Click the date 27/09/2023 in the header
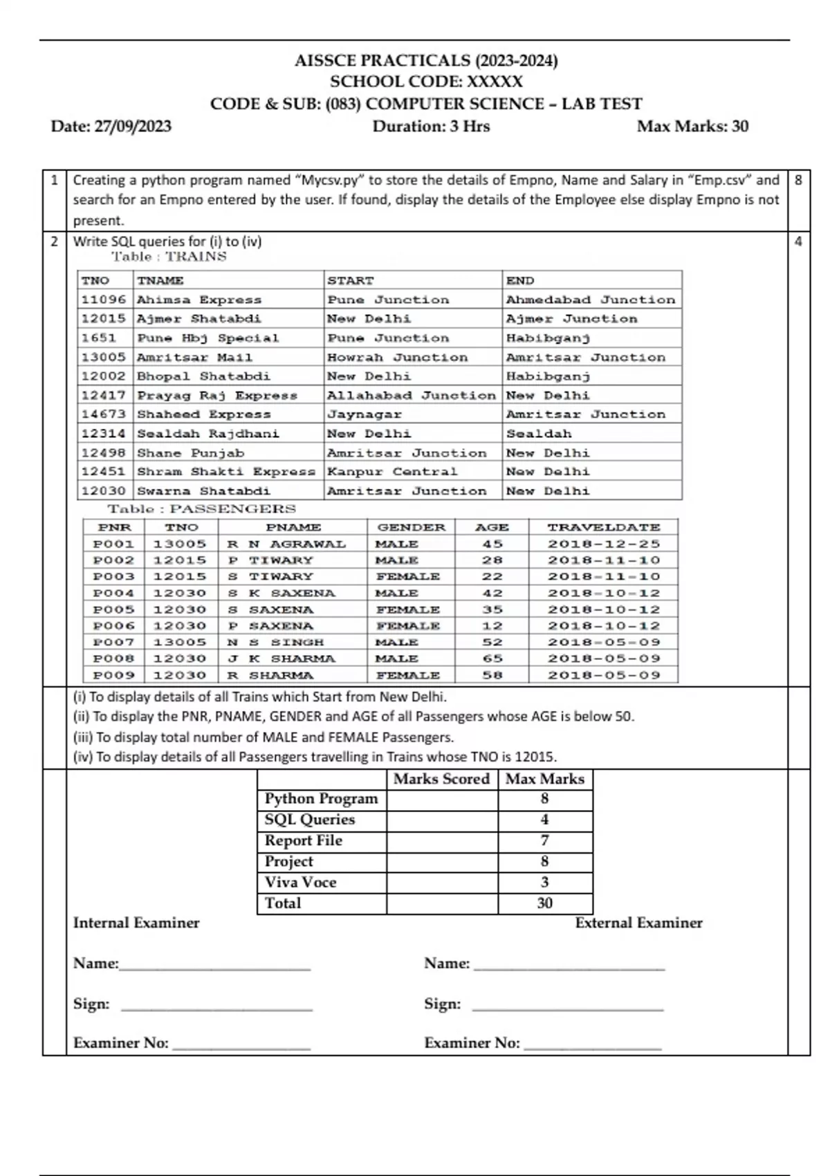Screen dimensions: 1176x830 [x=132, y=127]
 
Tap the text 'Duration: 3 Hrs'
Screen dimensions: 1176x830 [x=431, y=127]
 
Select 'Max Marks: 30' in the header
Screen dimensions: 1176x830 [x=692, y=127]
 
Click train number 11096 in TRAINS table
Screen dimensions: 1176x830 [x=104, y=300]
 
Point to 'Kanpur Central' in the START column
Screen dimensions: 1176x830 [x=391, y=472]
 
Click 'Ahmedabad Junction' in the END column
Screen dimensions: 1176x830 [x=590, y=300]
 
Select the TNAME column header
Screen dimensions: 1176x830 [x=160, y=280]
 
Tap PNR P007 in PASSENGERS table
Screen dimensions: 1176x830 [x=114, y=642]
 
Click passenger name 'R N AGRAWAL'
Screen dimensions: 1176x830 [x=286, y=544]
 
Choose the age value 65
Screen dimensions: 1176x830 [x=492, y=659]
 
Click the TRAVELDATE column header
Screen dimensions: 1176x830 [x=604, y=527]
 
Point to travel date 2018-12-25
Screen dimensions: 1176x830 [x=604, y=544]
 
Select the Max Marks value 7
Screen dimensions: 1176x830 [x=544, y=840]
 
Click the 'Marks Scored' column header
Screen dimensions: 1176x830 [x=441, y=779]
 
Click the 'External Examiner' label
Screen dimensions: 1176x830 [x=638, y=923]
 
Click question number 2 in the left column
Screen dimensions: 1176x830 [x=55, y=241]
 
